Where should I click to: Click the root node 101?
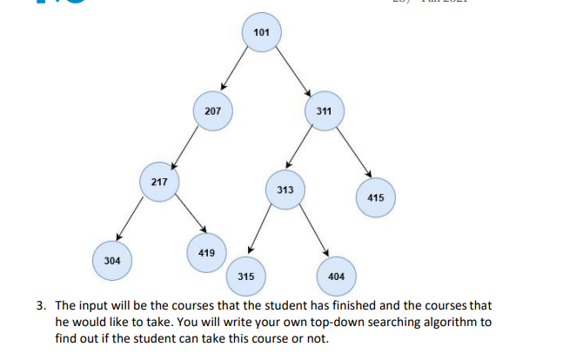pos(262,33)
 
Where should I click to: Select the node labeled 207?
pos(212,111)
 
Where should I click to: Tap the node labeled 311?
pos(325,111)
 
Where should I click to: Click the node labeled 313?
pos(285,190)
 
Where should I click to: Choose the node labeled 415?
pos(375,197)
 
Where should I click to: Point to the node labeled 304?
pos(112,260)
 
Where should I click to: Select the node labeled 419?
pos(206,252)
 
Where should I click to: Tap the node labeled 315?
pos(245,276)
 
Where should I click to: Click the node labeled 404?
pos(336,276)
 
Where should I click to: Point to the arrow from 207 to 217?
pos(187,145)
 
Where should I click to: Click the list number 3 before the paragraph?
pos(41,306)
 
